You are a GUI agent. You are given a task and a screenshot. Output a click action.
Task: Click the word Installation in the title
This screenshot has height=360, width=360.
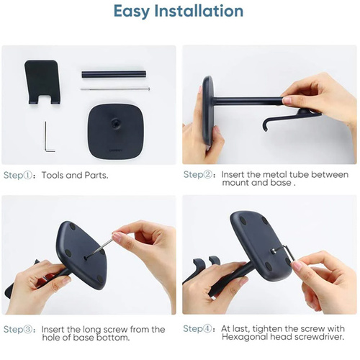[x=199, y=11]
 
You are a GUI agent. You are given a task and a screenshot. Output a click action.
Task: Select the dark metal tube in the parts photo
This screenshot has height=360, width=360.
[x=114, y=73]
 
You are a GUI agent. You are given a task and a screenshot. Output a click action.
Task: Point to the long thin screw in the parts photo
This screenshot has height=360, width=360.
[x=115, y=89]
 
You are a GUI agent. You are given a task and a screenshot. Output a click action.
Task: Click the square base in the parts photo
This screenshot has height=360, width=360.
[x=116, y=131]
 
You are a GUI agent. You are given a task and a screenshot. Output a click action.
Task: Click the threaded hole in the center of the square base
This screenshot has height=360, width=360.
[x=115, y=123]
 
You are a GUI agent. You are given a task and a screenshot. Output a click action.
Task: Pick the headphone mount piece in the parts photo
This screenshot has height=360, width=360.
[x=42, y=81]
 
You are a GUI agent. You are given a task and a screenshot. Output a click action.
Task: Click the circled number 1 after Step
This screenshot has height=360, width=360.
[x=28, y=176]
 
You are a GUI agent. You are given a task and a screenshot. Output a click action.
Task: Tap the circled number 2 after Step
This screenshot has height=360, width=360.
[x=207, y=174]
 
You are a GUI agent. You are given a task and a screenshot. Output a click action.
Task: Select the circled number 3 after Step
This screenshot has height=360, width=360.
[x=28, y=329]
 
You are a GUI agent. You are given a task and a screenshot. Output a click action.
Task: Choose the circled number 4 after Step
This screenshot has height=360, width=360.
[x=207, y=328]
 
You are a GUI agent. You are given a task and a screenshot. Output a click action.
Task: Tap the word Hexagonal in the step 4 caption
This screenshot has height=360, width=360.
[x=245, y=337]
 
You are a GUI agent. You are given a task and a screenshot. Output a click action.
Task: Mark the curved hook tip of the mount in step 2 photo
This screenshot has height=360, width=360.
[x=266, y=126]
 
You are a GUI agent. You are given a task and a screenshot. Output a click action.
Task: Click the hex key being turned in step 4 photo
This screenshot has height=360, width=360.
[x=287, y=252]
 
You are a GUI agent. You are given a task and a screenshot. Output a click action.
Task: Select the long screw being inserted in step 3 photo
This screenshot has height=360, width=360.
[x=99, y=248]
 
